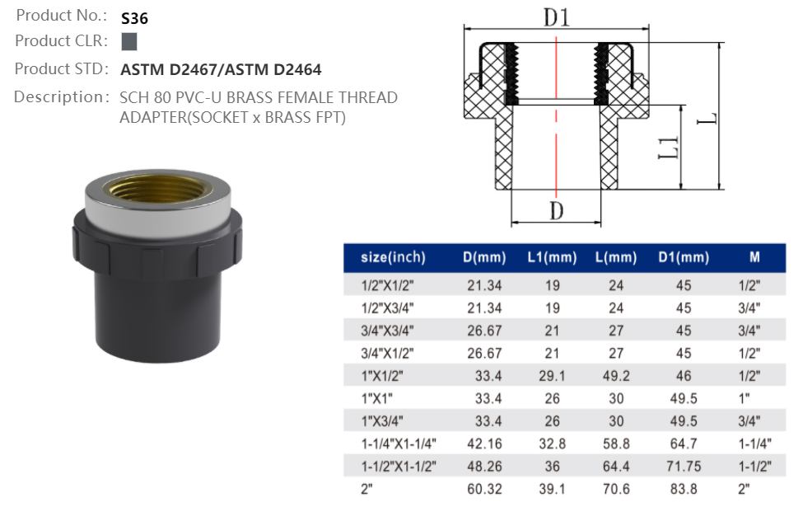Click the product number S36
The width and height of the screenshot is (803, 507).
[x=134, y=16]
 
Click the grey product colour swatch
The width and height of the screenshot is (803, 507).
[x=129, y=41]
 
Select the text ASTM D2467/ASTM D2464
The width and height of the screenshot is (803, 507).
[x=221, y=70]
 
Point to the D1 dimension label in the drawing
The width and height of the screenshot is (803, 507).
[x=556, y=16]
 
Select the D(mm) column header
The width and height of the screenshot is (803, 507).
[x=483, y=257]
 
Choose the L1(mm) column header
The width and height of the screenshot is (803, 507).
[x=551, y=257]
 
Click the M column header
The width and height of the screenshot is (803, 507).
[x=754, y=257]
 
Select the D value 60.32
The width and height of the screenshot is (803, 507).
[x=483, y=489]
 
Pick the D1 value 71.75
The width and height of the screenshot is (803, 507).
[x=684, y=467]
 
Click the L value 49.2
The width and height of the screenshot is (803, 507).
[x=616, y=376]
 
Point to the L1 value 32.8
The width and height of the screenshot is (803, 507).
[x=551, y=444]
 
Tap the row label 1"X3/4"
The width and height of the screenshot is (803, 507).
[x=383, y=421]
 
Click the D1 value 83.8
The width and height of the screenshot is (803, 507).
[x=684, y=489]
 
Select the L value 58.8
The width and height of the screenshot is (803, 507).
[x=616, y=444]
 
